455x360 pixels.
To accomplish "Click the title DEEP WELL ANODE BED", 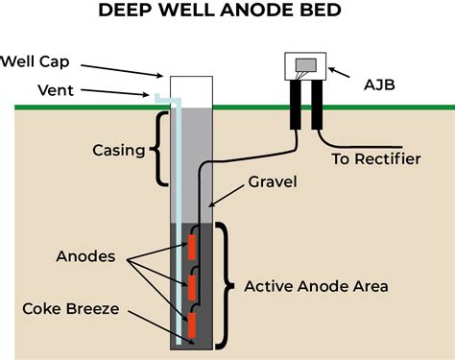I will click(x=227, y=14).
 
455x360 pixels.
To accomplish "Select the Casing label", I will click(x=118, y=151).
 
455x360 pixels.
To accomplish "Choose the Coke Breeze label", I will click(x=70, y=308).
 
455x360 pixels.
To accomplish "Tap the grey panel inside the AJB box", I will click(x=305, y=64).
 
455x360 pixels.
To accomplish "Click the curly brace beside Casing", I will click(x=158, y=150).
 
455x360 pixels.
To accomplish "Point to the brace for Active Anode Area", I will click(x=225, y=286).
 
